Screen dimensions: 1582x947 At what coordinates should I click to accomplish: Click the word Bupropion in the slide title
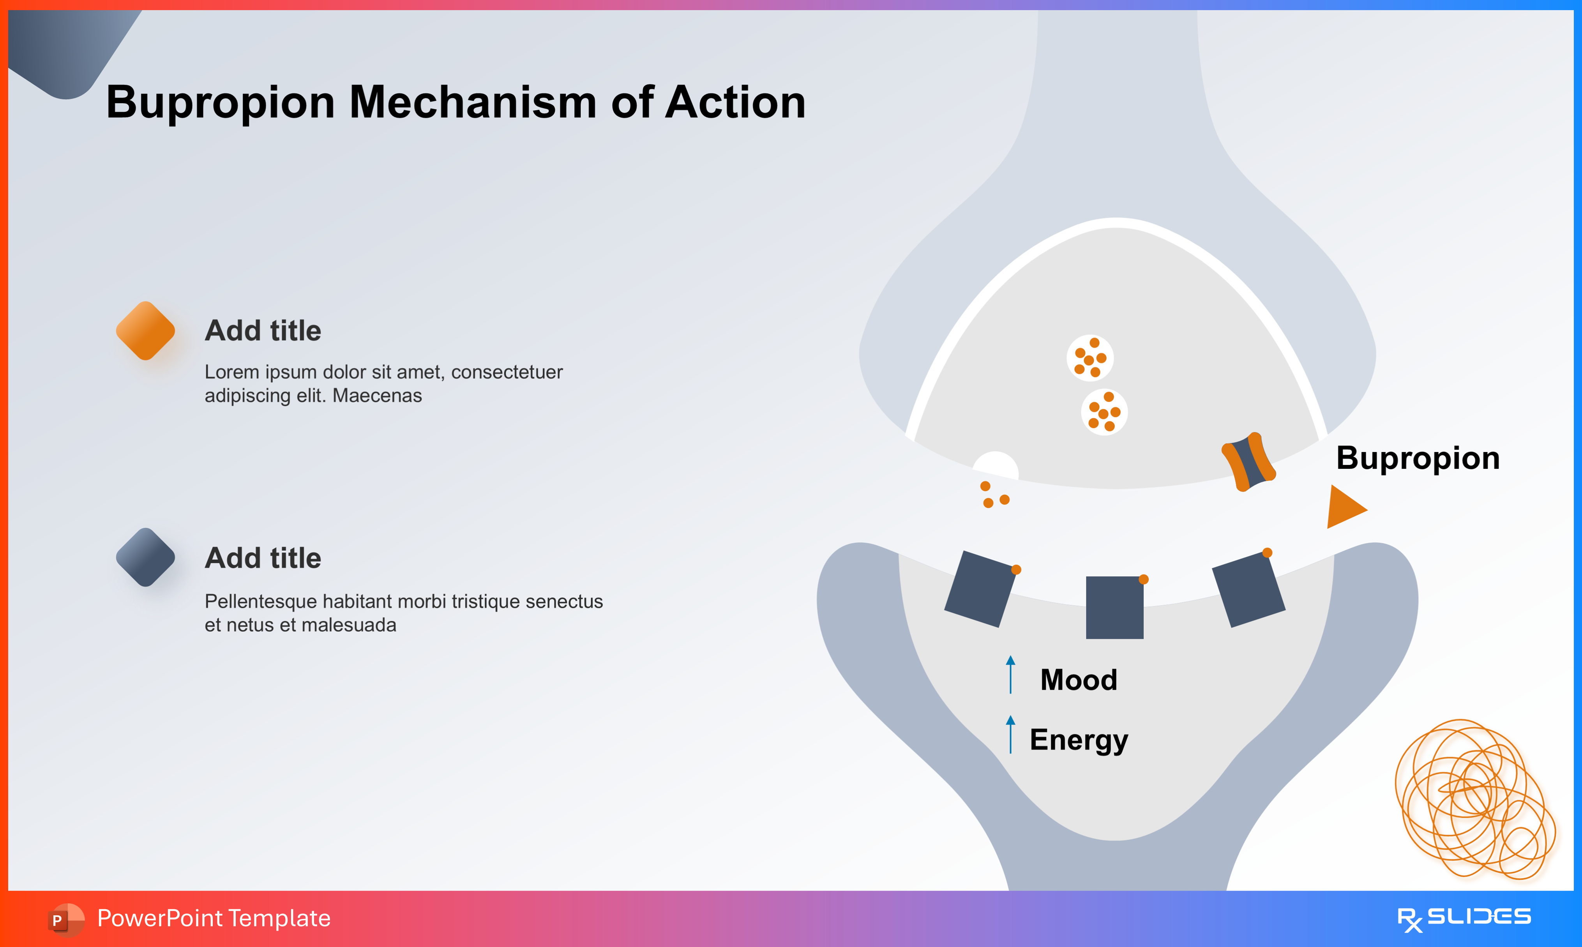[x=220, y=103]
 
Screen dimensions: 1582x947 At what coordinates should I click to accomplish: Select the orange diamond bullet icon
[x=145, y=330]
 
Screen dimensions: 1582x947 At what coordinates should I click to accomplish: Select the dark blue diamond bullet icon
[x=145, y=557]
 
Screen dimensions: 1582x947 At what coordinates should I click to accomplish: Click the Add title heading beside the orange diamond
[x=263, y=330]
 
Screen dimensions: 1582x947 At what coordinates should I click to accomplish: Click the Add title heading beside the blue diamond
[x=263, y=558]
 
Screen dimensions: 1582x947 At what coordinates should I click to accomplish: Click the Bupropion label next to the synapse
[x=1418, y=458]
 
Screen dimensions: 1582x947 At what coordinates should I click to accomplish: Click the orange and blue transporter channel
[x=1248, y=462]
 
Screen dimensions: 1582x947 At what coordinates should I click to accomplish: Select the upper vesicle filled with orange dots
[x=1090, y=358]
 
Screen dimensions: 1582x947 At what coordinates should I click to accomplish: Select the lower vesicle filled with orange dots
[x=1104, y=412]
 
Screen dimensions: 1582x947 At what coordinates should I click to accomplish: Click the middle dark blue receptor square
[x=1114, y=608]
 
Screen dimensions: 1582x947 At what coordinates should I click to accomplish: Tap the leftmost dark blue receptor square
[x=980, y=589]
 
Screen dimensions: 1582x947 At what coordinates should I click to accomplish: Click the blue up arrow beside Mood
[x=1010, y=675]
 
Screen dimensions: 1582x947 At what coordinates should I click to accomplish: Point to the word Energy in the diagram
[x=1079, y=740]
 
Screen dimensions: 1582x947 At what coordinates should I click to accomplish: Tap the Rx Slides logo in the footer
[x=1464, y=918]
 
